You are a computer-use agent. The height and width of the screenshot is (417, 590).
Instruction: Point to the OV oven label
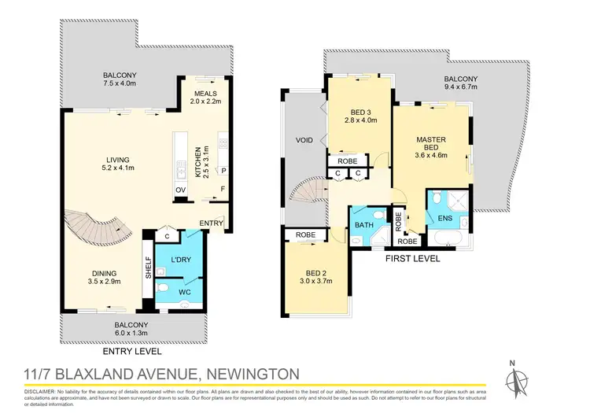180,190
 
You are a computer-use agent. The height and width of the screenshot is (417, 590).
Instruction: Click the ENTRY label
212,223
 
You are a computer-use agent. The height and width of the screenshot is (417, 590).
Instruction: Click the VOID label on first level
304,140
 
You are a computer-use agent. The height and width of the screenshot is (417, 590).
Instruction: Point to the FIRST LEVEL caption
412,258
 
